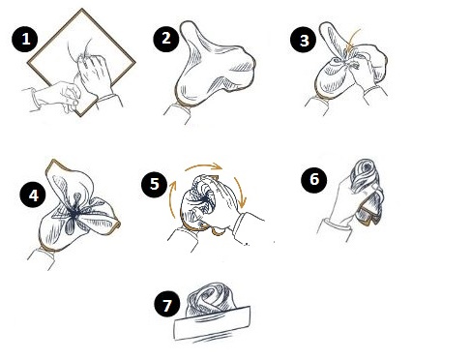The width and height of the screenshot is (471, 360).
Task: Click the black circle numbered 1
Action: [25, 40]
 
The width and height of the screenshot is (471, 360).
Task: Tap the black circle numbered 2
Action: [165, 39]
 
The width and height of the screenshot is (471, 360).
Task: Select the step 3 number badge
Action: [304, 40]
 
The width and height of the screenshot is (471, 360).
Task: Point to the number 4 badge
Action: [34, 195]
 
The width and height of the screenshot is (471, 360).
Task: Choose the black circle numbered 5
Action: [155, 184]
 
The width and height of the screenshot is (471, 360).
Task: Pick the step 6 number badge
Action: [314, 180]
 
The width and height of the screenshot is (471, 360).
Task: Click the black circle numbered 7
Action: [167, 305]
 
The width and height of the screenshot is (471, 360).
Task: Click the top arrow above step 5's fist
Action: [204, 165]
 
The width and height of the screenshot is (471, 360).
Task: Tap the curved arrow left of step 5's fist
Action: [171, 199]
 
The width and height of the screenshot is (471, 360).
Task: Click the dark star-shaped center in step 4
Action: [74, 214]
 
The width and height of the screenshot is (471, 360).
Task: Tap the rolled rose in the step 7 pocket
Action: [210, 299]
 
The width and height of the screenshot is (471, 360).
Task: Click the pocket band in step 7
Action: [212, 323]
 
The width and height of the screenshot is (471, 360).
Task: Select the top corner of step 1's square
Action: [82, 9]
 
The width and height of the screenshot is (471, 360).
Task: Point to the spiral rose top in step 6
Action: [366, 175]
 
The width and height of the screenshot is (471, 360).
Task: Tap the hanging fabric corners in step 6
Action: [370, 209]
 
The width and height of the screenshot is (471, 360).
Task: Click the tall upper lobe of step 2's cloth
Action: [191, 38]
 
